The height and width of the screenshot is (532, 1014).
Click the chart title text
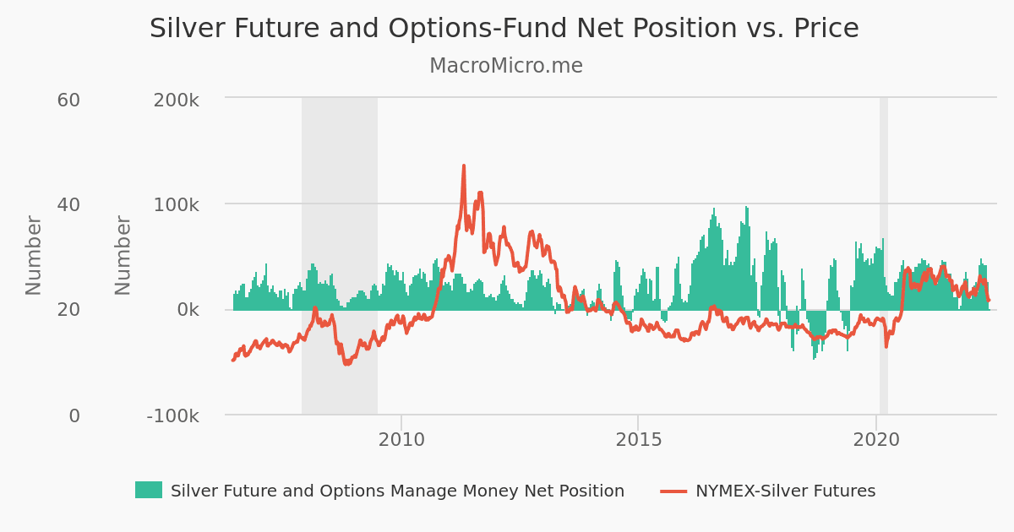pyautogui.click(x=504, y=29)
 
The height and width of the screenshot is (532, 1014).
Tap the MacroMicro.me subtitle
pyautogui.click(x=505, y=66)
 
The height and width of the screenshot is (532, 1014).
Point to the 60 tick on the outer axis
pyautogui.click(x=68, y=100)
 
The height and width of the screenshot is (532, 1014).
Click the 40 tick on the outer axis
pyautogui.click(x=68, y=205)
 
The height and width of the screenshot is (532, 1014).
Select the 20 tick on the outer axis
pyautogui.click(x=68, y=310)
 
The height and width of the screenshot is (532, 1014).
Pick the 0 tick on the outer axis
pyautogui.click(x=74, y=415)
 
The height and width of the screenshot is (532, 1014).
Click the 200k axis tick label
pyautogui.click(x=176, y=100)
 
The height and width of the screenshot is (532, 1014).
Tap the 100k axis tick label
pyautogui.click(x=176, y=205)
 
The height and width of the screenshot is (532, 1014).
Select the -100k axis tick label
pyautogui.click(x=172, y=415)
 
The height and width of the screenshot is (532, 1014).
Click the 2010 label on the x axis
pyautogui.click(x=401, y=440)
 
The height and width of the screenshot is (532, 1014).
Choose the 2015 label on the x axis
pyautogui.click(x=638, y=440)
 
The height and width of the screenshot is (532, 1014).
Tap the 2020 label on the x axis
pyautogui.click(x=876, y=440)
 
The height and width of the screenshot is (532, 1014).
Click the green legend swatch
pyautogui.click(x=148, y=490)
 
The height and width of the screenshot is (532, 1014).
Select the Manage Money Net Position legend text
pyautogui.click(x=397, y=491)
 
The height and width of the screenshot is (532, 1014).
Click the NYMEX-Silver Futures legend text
pyautogui.click(x=785, y=491)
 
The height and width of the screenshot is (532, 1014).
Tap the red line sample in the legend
pyautogui.click(x=673, y=490)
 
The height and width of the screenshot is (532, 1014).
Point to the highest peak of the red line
pyautogui.click(x=464, y=166)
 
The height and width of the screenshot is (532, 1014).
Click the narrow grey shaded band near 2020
pyautogui.click(x=883, y=253)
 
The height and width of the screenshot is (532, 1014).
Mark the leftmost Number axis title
pyautogui.click(x=34, y=255)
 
